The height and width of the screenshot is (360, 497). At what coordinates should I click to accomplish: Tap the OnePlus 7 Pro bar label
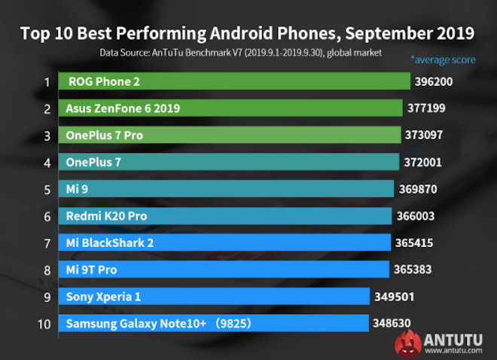pyautogui.click(x=105, y=136)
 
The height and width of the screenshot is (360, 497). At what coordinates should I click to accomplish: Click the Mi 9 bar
pyautogui.click(x=226, y=189)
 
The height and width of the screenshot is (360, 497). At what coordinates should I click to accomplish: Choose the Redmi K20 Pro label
pyautogui.click(x=106, y=216)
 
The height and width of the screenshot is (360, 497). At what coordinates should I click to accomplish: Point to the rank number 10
pyautogui.click(x=44, y=324)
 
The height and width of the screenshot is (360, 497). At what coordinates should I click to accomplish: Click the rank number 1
pyautogui.click(x=46, y=81)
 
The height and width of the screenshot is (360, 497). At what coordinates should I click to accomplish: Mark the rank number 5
pyautogui.click(x=46, y=189)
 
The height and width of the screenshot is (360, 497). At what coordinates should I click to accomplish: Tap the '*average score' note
pyautogui.click(x=443, y=59)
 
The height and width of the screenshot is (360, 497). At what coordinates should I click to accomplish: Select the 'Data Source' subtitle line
pyautogui.click(x=241, y=53)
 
